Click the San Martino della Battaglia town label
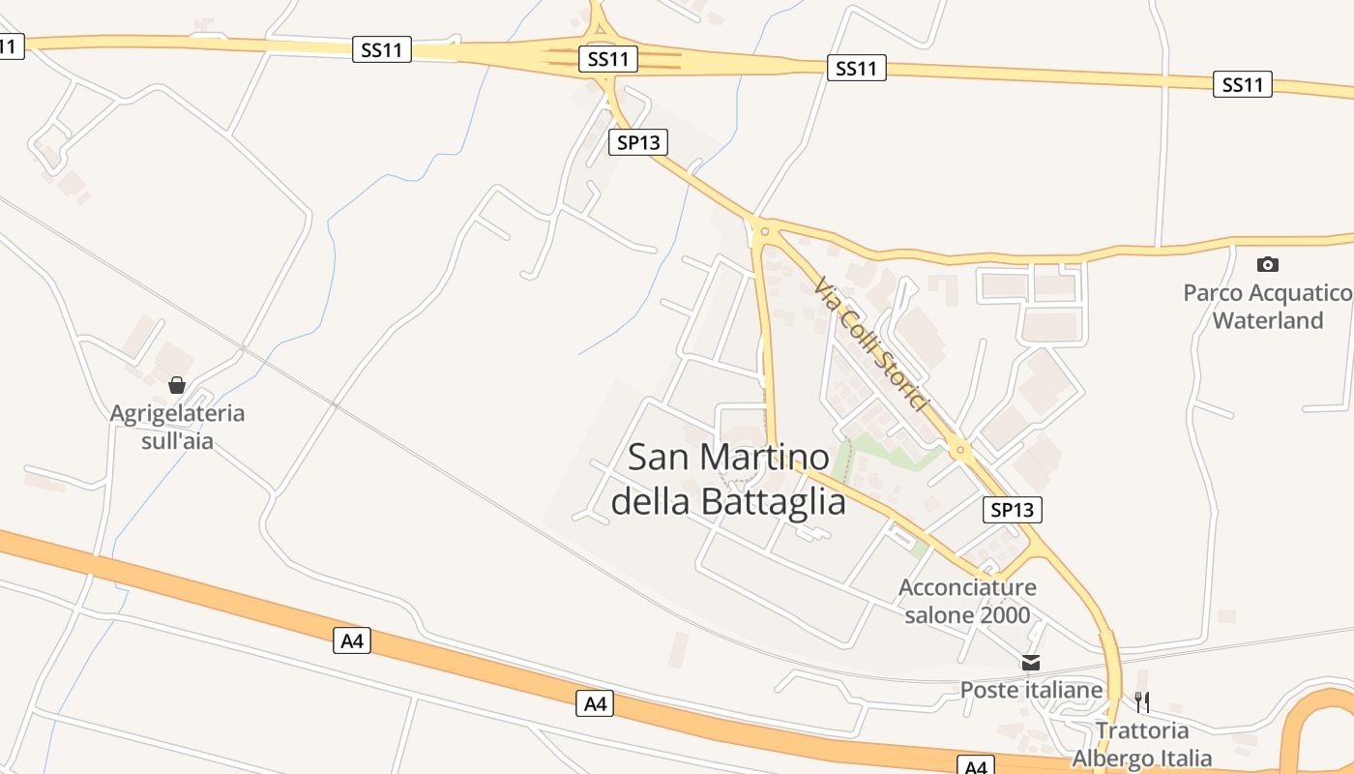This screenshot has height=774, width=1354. point(727,479)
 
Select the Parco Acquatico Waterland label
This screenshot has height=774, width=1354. point(1267,306)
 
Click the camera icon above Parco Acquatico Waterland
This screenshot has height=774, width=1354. point(1267,264)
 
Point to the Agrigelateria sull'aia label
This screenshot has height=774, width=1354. point(177,427)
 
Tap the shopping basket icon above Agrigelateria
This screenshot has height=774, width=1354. point(177,385)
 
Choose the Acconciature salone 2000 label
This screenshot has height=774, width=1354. point(967,601)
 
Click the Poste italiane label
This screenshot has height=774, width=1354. point(1031,690)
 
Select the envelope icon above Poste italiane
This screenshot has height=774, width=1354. point(1031,663)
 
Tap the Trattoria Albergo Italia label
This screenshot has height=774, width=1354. point(1142,743)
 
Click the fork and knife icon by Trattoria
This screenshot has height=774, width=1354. point(1142,701)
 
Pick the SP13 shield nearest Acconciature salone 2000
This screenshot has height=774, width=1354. point(1013,510)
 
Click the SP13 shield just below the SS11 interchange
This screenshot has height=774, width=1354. point(638,143)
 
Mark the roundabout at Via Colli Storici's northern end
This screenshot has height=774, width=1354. point(764,230)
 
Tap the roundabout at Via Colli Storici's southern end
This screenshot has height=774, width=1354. point(959,448)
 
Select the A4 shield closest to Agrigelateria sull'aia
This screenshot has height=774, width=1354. point(352,640)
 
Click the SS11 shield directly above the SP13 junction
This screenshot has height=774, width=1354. point(608,59)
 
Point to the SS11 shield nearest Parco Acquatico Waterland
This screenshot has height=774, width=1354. point(1242,85)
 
